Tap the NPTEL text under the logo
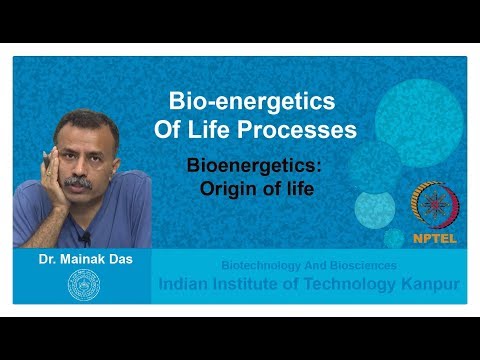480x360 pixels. point(435,239)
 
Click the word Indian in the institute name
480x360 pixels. point(186,284)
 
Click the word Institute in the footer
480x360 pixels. point(250,284)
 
